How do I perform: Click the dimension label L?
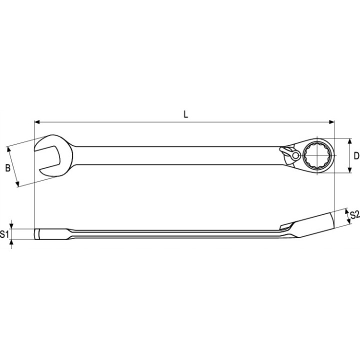point(185,114)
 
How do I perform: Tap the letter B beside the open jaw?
point(8,168)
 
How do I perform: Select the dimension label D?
point(356,156)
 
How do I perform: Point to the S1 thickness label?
point(4,234)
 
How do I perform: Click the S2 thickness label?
point(354,215)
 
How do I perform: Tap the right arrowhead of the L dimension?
point(331,122)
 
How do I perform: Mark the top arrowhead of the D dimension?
point(349,141)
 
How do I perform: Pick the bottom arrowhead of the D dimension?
point(349,169)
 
